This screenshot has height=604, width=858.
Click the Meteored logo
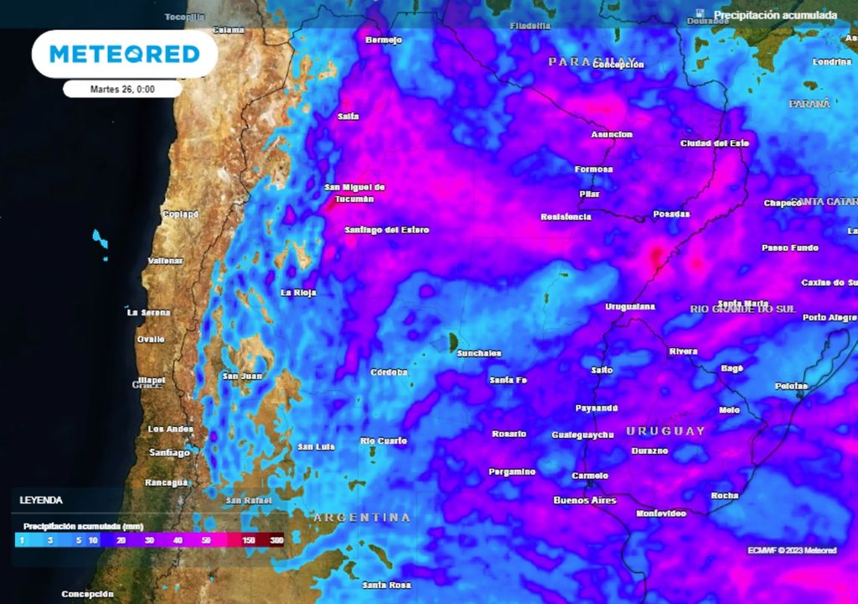click(x=124, y=55)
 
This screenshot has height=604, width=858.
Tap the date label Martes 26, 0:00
click(x=122, y=89)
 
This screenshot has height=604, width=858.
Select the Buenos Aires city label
click(x=585, y=501)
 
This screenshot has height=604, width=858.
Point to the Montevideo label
click(x=661, y=513)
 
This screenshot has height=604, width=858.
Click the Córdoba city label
click(x=389, y=372)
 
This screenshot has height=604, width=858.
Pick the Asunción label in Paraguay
click(x=612, y=134)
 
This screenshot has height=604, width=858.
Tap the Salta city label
click(x=349, y=117)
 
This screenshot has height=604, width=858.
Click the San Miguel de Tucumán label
click(x=354, y=193)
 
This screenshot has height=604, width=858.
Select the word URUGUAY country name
click(x=666, y=431)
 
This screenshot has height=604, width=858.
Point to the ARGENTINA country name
click(x=363, y=518)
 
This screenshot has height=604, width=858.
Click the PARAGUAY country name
click(x=580, y=61)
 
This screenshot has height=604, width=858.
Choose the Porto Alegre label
click(x=830, y=317)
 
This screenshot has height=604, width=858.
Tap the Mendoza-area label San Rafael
click(x=248, y=500)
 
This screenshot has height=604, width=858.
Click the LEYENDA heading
click(x=41, y=500)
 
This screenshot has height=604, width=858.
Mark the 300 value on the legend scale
click(x=277, y=541)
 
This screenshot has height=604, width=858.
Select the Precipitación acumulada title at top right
click(x=774, y=15)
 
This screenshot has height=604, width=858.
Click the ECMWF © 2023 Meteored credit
click(x=792, y=550)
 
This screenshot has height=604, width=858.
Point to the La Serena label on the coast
click(x=148, y=312)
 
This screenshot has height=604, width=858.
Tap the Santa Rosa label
click(x=386, y=584)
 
